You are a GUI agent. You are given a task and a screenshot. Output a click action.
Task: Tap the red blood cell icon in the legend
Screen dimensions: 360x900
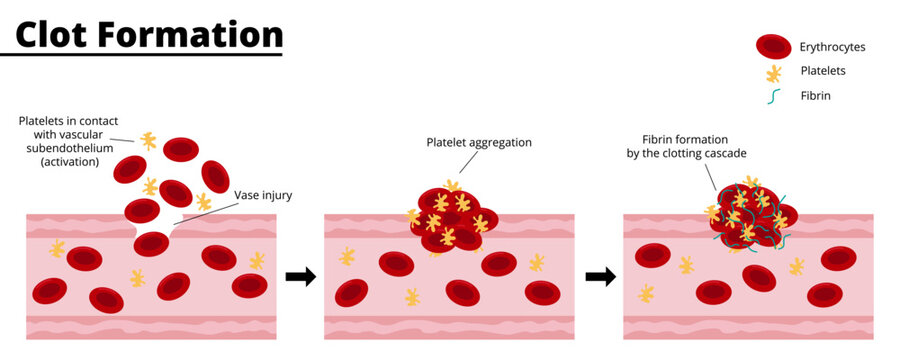(773, 46)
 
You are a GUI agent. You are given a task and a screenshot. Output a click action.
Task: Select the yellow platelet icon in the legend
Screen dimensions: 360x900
(773, 72)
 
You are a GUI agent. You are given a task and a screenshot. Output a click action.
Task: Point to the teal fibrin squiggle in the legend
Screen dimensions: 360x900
(773, 97)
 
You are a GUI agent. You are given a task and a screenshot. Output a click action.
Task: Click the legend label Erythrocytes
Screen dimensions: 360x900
(833, 47)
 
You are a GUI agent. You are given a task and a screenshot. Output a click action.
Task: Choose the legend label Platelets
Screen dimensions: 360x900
(824, 71)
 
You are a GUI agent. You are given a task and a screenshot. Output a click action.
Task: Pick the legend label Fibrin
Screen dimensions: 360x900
(816, 96)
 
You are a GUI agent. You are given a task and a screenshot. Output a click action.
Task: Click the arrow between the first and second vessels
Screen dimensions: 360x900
(300, 275)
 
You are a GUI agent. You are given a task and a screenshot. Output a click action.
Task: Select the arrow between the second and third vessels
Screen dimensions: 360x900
(600, 275)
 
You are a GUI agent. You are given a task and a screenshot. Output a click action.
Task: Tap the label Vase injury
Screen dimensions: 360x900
(263, 195)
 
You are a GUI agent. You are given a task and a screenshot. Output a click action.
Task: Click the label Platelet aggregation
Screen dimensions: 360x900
(478, 142)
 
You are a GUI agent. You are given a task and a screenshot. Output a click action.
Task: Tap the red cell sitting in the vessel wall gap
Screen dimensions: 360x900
(152, 243)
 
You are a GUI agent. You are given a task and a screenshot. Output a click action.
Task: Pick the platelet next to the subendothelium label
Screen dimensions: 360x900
(148, 141)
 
